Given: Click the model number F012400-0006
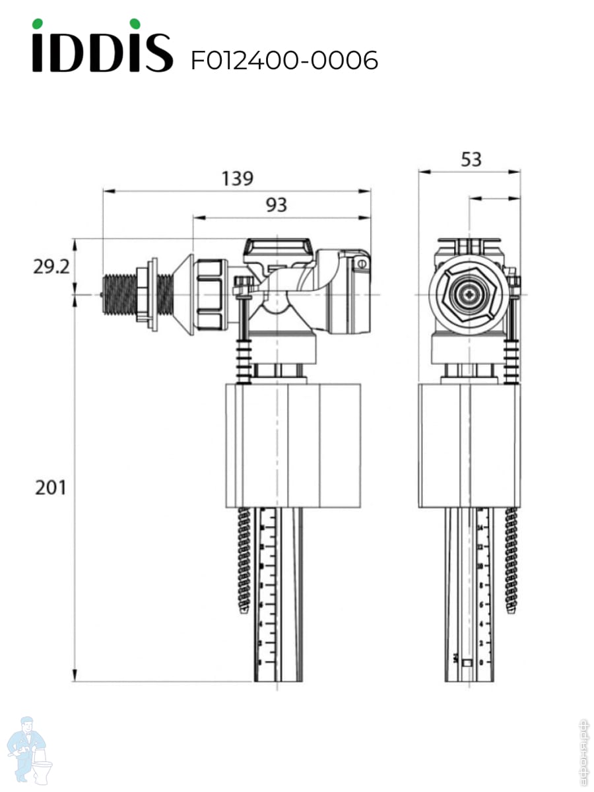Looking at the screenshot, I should pyautogui.click(x=284, y=61).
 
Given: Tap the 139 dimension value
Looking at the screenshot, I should pyautogui.click(x=237, y=178).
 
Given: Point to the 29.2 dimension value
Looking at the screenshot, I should pyautogui.click(x=51, y=267).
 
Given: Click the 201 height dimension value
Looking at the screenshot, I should pyautogui.click(x=51, y=488).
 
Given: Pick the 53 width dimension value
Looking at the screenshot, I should pyautogui.click(x=471, y=159).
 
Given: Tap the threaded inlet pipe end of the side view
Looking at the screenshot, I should pyautogui.click(x=119, y=294).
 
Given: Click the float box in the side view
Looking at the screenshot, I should pyautogui.click(x=293, y=445).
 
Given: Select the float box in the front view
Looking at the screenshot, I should pyautogui.click(x=469, y=445).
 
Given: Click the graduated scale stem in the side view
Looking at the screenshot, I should pyautogui.click(x=278, y=594).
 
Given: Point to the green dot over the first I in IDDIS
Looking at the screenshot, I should pyautogui.click(x=42, y=24).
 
